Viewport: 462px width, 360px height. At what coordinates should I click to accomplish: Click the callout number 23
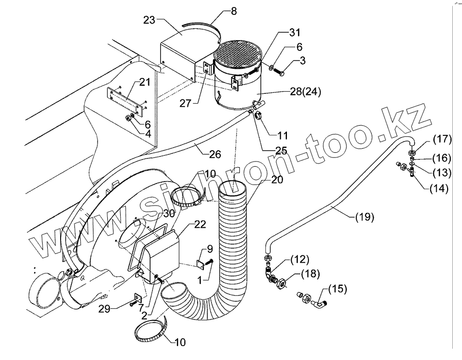[148, 21]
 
